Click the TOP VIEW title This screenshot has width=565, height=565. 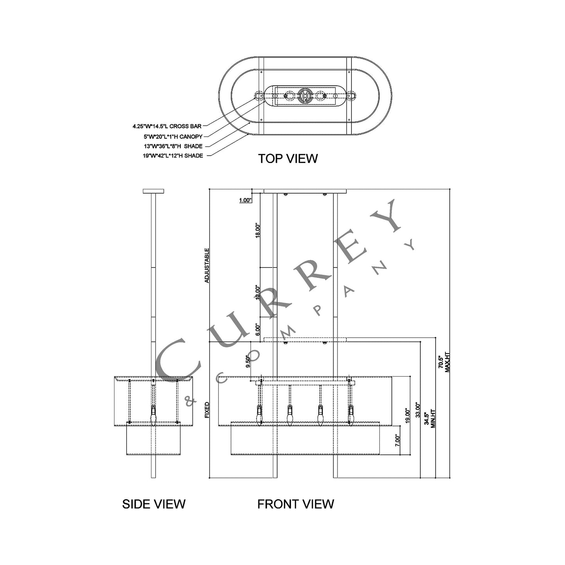coord(288,159)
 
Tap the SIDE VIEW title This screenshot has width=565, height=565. coord(154,504)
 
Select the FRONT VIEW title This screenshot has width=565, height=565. coord(296,504)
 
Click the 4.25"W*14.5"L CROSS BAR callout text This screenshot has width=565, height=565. coord(167,126)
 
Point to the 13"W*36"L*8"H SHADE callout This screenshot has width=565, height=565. coord(173,146)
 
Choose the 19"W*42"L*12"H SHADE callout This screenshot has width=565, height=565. coord(173,156)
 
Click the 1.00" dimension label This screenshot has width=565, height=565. coord(246,200)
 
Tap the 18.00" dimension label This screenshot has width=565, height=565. coord(258,231)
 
